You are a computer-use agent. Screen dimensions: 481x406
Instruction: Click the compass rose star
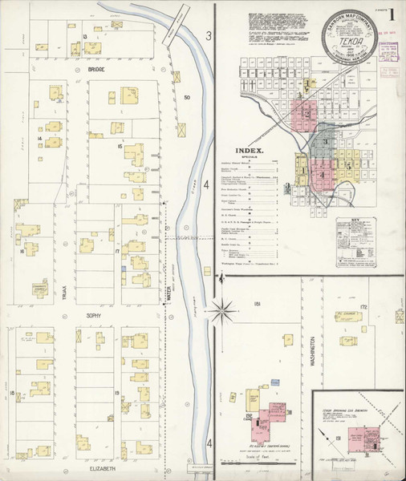(219, 307)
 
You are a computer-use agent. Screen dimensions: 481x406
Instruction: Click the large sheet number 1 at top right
(389, 15)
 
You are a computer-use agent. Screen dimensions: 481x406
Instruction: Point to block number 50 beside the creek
(187, 98)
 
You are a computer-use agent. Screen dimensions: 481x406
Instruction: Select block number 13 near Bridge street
(84, 37)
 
